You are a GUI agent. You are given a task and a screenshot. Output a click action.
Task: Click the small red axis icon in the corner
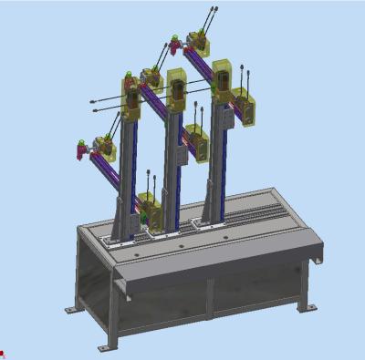click(3, 354)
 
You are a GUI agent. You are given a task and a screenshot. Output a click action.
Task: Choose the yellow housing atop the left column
click(132, 100)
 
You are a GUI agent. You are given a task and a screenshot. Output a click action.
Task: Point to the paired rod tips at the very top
click(214, 10)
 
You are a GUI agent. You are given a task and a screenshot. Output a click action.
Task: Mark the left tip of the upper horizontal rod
click(92, 100)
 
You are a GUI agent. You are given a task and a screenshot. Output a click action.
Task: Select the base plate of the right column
click(210, 219)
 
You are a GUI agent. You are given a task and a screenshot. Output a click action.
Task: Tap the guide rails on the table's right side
click(260, 213)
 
